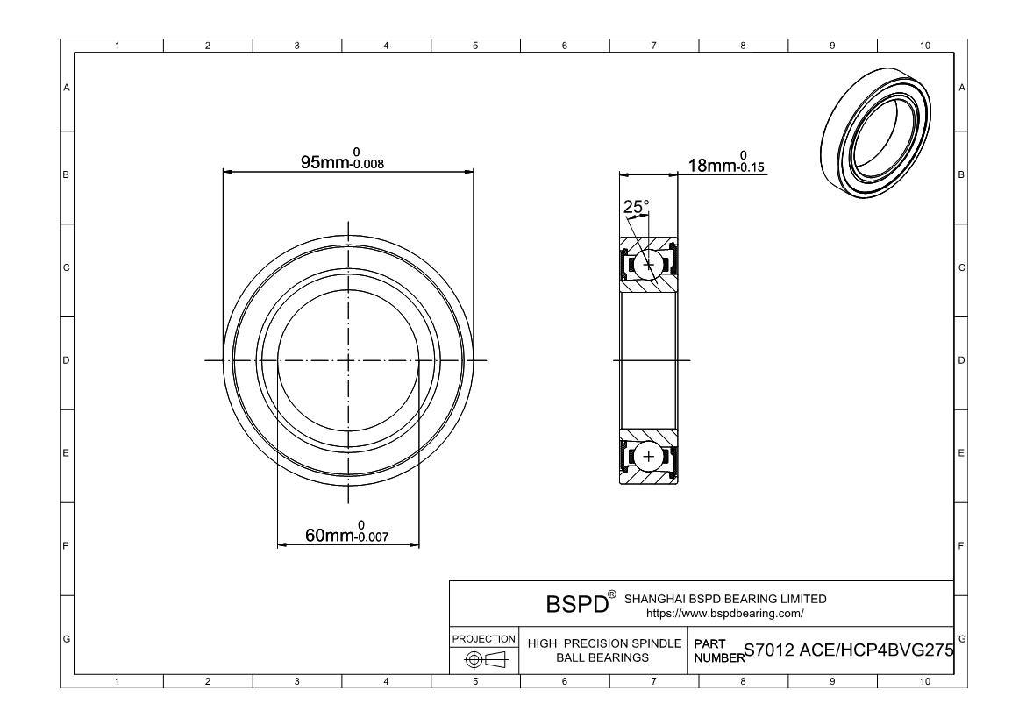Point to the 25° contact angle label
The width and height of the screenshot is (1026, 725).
point(636,207)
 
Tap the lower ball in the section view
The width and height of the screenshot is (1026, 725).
point(649,457)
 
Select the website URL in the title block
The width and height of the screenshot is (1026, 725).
point(724,614)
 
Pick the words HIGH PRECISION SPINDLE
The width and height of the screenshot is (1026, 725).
point(604,643)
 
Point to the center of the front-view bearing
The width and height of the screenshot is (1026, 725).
point(349,360)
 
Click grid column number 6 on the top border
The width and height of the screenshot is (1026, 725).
point(564,46)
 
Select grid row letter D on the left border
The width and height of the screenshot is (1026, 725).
point(66,360)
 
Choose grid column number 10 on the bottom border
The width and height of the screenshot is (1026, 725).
point(923,681)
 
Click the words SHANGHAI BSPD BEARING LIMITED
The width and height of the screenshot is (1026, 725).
point(724,600)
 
